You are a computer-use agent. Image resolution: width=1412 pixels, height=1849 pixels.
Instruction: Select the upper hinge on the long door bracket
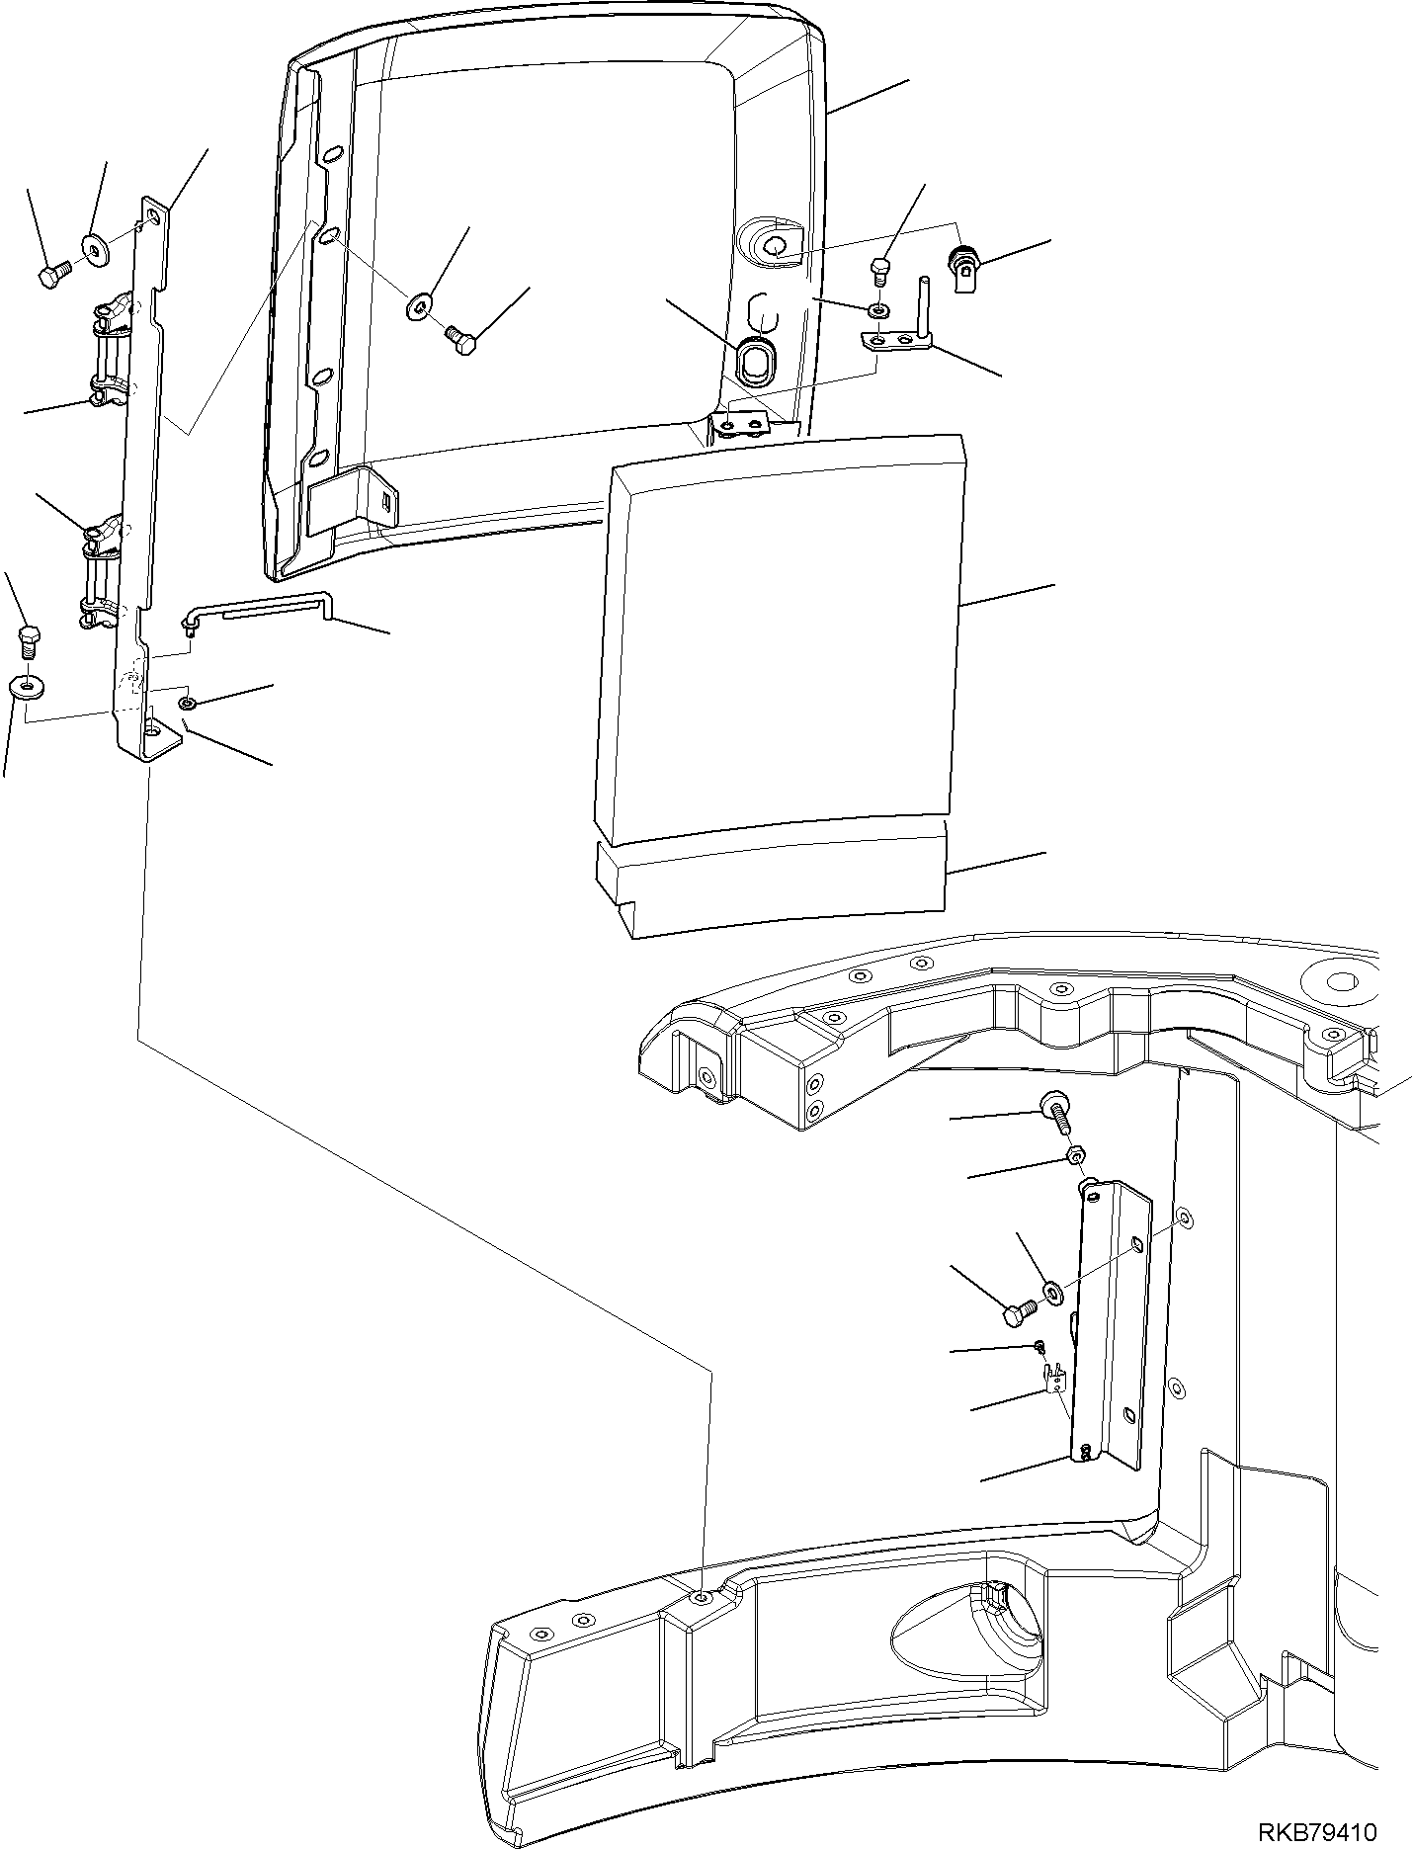(x=112, y=351)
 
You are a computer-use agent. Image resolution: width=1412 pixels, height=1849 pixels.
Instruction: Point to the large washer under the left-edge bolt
(x=22, y=685)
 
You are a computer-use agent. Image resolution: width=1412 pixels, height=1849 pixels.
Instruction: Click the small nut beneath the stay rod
(x=187, y=703)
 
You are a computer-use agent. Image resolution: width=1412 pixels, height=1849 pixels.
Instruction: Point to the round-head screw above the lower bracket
(x=1052, y=1111)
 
